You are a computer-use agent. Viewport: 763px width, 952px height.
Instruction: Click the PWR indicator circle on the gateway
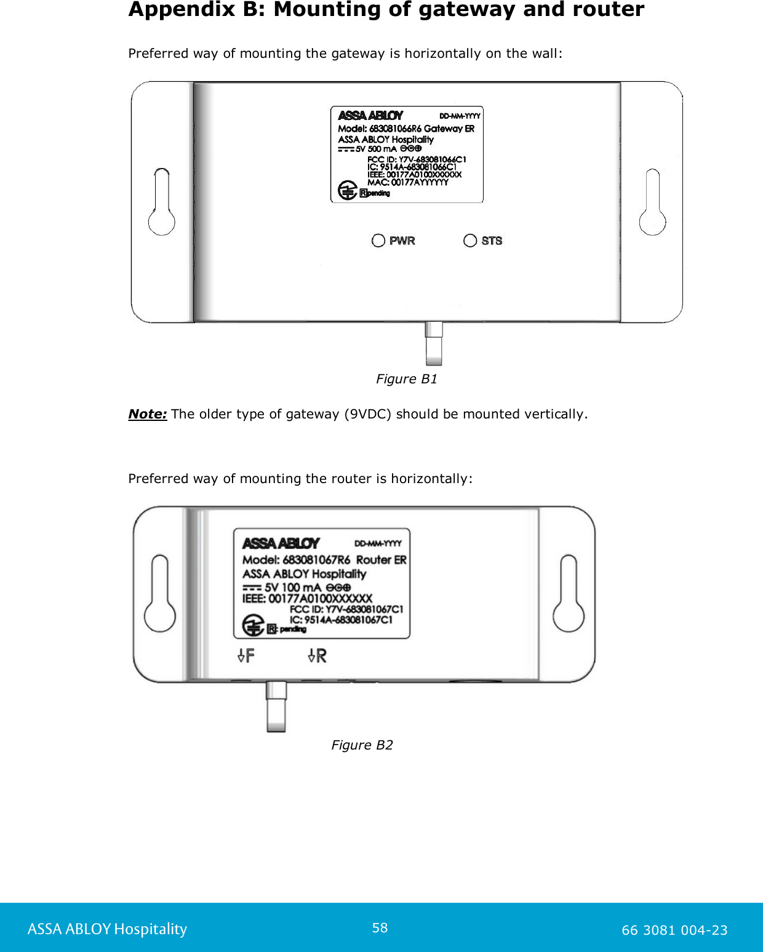(x=378, y=241)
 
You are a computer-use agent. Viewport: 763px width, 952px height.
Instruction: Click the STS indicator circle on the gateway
(x=470, y=241)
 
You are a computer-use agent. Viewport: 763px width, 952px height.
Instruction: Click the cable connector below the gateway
(x=434, y=343)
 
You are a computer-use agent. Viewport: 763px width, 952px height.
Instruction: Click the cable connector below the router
(x=276, y=706)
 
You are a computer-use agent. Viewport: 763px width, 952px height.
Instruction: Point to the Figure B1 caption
(x=407, y=379)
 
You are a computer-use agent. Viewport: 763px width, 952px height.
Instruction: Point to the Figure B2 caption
(x=362, y=745)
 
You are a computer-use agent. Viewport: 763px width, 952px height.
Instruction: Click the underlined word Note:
(x=148, y=414)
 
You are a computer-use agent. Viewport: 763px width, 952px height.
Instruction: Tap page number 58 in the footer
(x=380, y=928)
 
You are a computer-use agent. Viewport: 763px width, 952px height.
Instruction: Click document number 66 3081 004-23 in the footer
(x=674, y=930)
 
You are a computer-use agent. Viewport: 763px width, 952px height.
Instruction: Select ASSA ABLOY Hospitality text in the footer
(x=107, y=929)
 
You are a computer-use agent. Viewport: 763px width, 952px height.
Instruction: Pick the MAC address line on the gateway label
(x=408, y=182)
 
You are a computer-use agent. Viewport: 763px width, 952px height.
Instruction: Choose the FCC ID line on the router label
(x=346, y=609)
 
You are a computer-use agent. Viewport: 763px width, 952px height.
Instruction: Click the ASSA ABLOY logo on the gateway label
(x=370, y=116)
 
